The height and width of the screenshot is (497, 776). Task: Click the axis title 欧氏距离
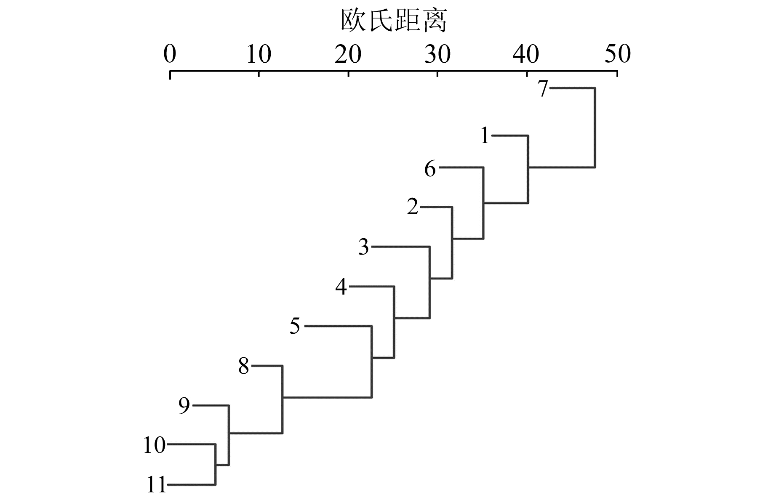(x=393, y=21)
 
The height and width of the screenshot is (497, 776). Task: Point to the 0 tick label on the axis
(x=170, y=54)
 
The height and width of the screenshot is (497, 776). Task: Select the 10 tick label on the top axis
(x=259, y=54)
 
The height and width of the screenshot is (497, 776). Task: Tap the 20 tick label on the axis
(x=348, y=54)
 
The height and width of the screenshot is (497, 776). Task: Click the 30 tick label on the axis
(x=437, y=54)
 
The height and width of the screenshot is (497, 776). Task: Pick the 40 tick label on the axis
(x=526, y=54)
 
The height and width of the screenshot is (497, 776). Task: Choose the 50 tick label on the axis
(x=617, y=54)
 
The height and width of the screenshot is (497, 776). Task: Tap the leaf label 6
(x=430, y=169)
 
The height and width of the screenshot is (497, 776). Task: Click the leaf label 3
(x=363, y=247)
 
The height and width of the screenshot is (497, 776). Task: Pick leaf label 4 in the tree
(x=341, y=287)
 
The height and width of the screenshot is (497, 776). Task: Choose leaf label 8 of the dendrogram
(x=244, y=366)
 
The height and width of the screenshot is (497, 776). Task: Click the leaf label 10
(x=154, y=445)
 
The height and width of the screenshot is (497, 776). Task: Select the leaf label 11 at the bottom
(x=156, y=485)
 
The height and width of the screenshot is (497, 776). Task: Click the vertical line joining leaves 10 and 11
(x=216, y=465)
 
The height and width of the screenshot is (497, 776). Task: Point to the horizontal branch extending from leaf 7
(x=573, y=88)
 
